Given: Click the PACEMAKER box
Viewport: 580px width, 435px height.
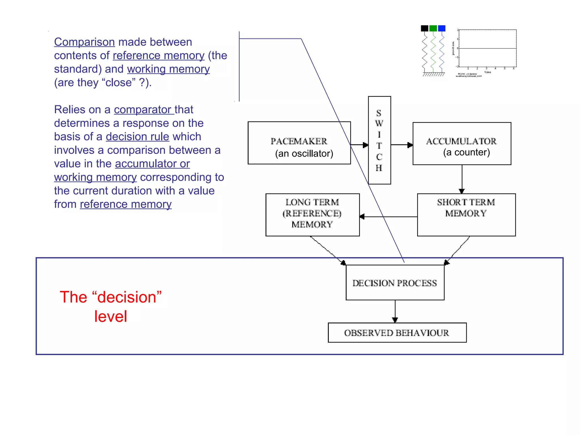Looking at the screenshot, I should [299, 143].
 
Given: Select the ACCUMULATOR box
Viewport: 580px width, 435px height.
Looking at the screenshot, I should [462, 144].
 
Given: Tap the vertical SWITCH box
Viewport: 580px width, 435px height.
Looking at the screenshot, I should [379, 140].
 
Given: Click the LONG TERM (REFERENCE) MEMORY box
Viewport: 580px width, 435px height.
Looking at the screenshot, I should [312, 215].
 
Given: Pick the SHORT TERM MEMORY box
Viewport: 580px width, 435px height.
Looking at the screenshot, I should [466, 215].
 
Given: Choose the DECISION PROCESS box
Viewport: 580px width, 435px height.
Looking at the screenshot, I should [395, 283].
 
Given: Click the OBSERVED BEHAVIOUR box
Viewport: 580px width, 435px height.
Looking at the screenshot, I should [397, 333].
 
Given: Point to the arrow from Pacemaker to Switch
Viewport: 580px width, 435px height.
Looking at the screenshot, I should [360, 145].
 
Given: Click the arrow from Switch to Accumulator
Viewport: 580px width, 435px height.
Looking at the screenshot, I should [402, 145].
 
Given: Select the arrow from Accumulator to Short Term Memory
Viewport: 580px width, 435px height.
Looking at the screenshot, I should [462, 179].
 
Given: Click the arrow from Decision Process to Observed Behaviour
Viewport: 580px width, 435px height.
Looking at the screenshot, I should [395, 311].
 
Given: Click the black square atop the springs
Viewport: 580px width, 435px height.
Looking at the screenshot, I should [425, 28].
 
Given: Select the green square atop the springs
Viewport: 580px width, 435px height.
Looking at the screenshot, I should [433, 28].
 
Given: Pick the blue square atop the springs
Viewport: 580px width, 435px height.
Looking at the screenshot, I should [442, 28].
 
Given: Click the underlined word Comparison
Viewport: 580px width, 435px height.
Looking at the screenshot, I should [84, 42].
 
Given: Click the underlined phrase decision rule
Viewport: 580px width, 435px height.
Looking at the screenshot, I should [137, 137].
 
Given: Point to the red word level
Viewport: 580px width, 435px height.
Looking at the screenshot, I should [110, 316].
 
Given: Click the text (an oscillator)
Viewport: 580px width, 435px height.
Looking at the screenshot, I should [304, 153].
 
